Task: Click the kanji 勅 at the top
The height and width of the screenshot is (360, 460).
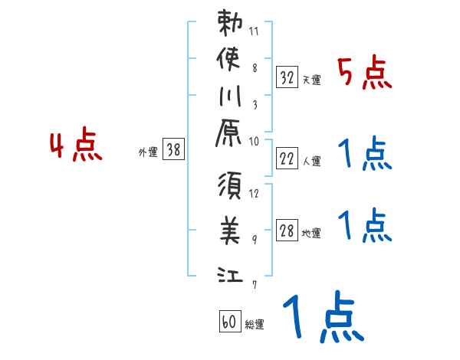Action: tap(232, 24)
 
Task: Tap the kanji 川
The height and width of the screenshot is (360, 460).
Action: tap(231, 97)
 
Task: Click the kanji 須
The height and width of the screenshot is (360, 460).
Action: tap(232, 188)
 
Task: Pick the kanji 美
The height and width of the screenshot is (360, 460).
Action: tap(232, 230)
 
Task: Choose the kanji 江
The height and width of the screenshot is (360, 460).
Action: tap(231, 273)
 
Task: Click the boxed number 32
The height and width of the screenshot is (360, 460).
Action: tap(287, 77)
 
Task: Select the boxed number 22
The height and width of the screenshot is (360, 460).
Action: tap(287, 159)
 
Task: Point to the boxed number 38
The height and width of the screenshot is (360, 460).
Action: tap(174, 150)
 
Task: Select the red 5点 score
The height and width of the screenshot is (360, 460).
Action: tap(365, 74)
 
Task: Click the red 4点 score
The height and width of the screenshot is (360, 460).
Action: tap(76, 146)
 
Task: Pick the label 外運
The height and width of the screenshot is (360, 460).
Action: tap(147, 152)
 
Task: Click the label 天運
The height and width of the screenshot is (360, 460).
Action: tap(311, 80)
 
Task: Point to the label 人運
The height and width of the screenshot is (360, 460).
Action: tap(312, 161)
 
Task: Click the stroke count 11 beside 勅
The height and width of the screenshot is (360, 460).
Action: tap(255, 33)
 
